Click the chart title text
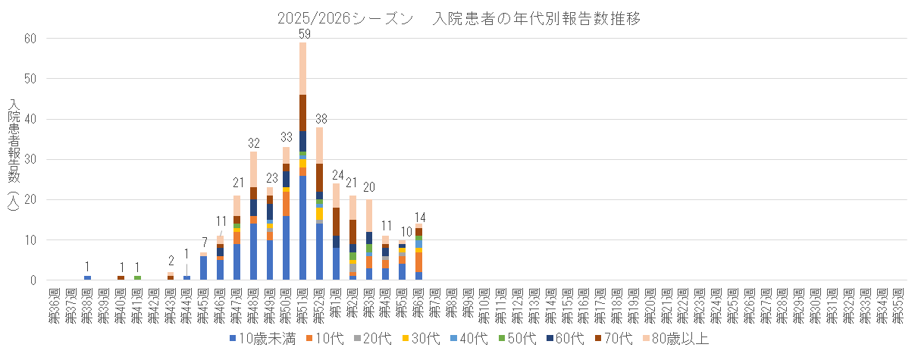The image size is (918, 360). [x=459, y=19]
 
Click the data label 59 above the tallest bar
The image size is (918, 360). [x=303, y=33]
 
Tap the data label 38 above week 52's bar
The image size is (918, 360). [x=320, y=118]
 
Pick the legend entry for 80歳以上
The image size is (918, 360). [x=678, y=339]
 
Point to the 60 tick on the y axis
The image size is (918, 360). [x=30, y=39]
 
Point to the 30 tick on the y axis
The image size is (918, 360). [x=30, y=159]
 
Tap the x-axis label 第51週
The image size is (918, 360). [x=303, y=302]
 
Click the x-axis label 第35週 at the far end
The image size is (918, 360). [x=900, y=302]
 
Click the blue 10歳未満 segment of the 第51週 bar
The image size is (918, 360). [x=303, y=227]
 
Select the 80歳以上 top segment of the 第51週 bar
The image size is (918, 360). [x=303, y=68]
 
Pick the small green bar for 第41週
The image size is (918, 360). [x=137, y=278]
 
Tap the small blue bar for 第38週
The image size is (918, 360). [x=88, y=278]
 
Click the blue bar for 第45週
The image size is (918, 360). [x=204, y=268]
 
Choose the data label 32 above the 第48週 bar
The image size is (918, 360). [x=253, y=142]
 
